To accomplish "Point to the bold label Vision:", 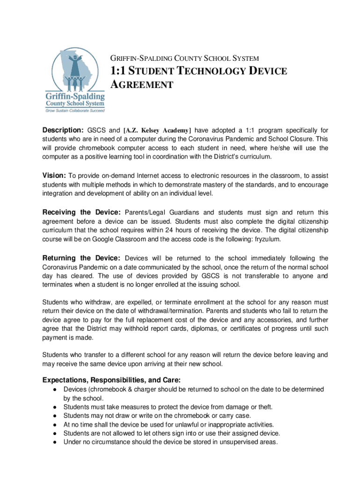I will (54, 175).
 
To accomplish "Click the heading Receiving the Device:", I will (82, 212).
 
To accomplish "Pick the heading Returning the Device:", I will (82, 258).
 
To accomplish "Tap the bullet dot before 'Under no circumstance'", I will (55, 442).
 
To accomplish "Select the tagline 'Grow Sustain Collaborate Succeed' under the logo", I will (74, 111).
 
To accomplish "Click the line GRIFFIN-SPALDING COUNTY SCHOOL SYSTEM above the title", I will (184, 59).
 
